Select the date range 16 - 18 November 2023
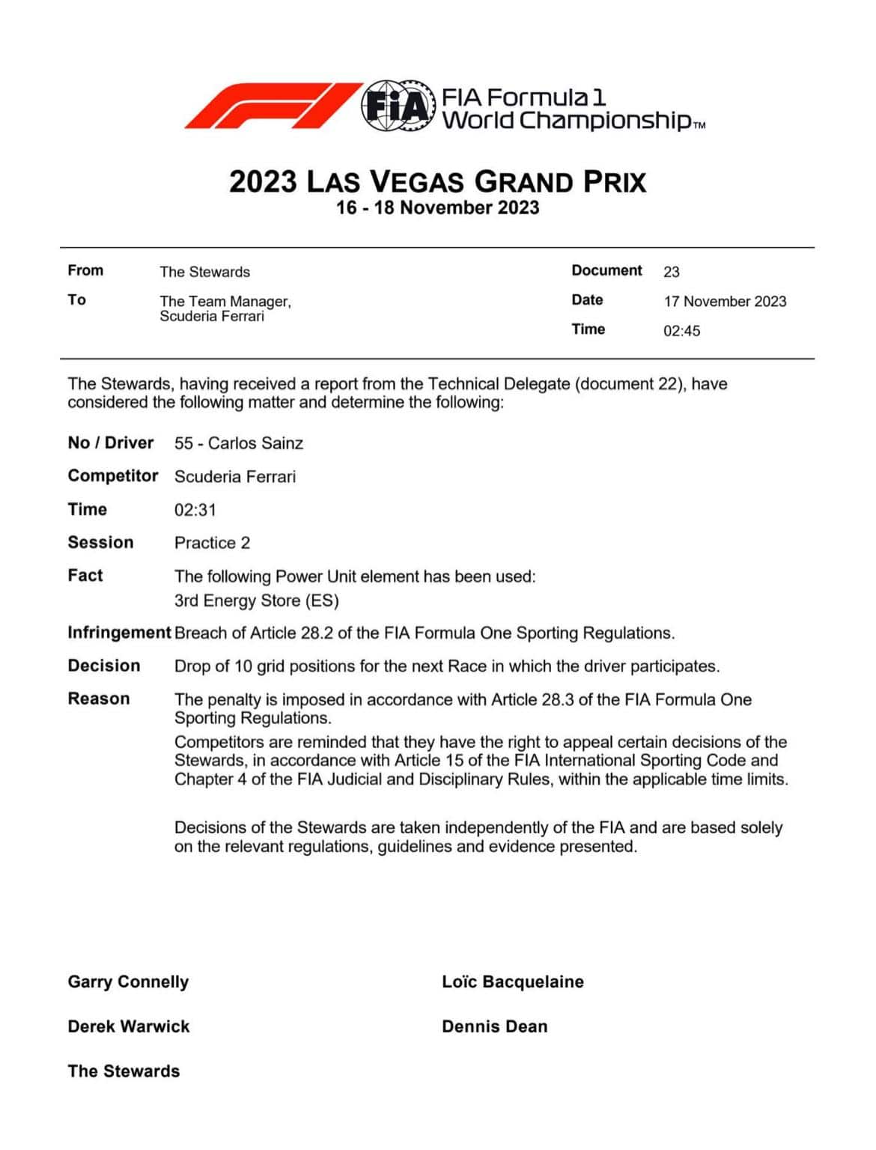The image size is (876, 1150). (x=437, y=208)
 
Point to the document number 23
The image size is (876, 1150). (x=671, y=272)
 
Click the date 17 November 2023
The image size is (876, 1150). (x=724, y=302)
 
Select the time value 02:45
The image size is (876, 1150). (x=681, y=331)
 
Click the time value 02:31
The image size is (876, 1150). (x=195, y=510)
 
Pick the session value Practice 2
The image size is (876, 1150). (x=212, y=543)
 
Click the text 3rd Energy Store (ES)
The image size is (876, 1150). (x=256, y=600)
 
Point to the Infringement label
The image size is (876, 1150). (x=119, y=633)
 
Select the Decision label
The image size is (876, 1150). (x=104, y=666)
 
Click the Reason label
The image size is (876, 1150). (x=99, y=699)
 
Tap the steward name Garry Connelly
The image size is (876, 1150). (x=128, y=982)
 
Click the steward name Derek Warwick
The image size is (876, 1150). (x=129, y=1026)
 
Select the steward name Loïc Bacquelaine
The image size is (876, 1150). (x=512, y=982)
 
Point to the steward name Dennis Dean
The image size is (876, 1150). (x=494, y=1026)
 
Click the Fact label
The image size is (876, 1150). (x=85, y=575)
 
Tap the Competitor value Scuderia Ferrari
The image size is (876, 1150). (x=234, y=477)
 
